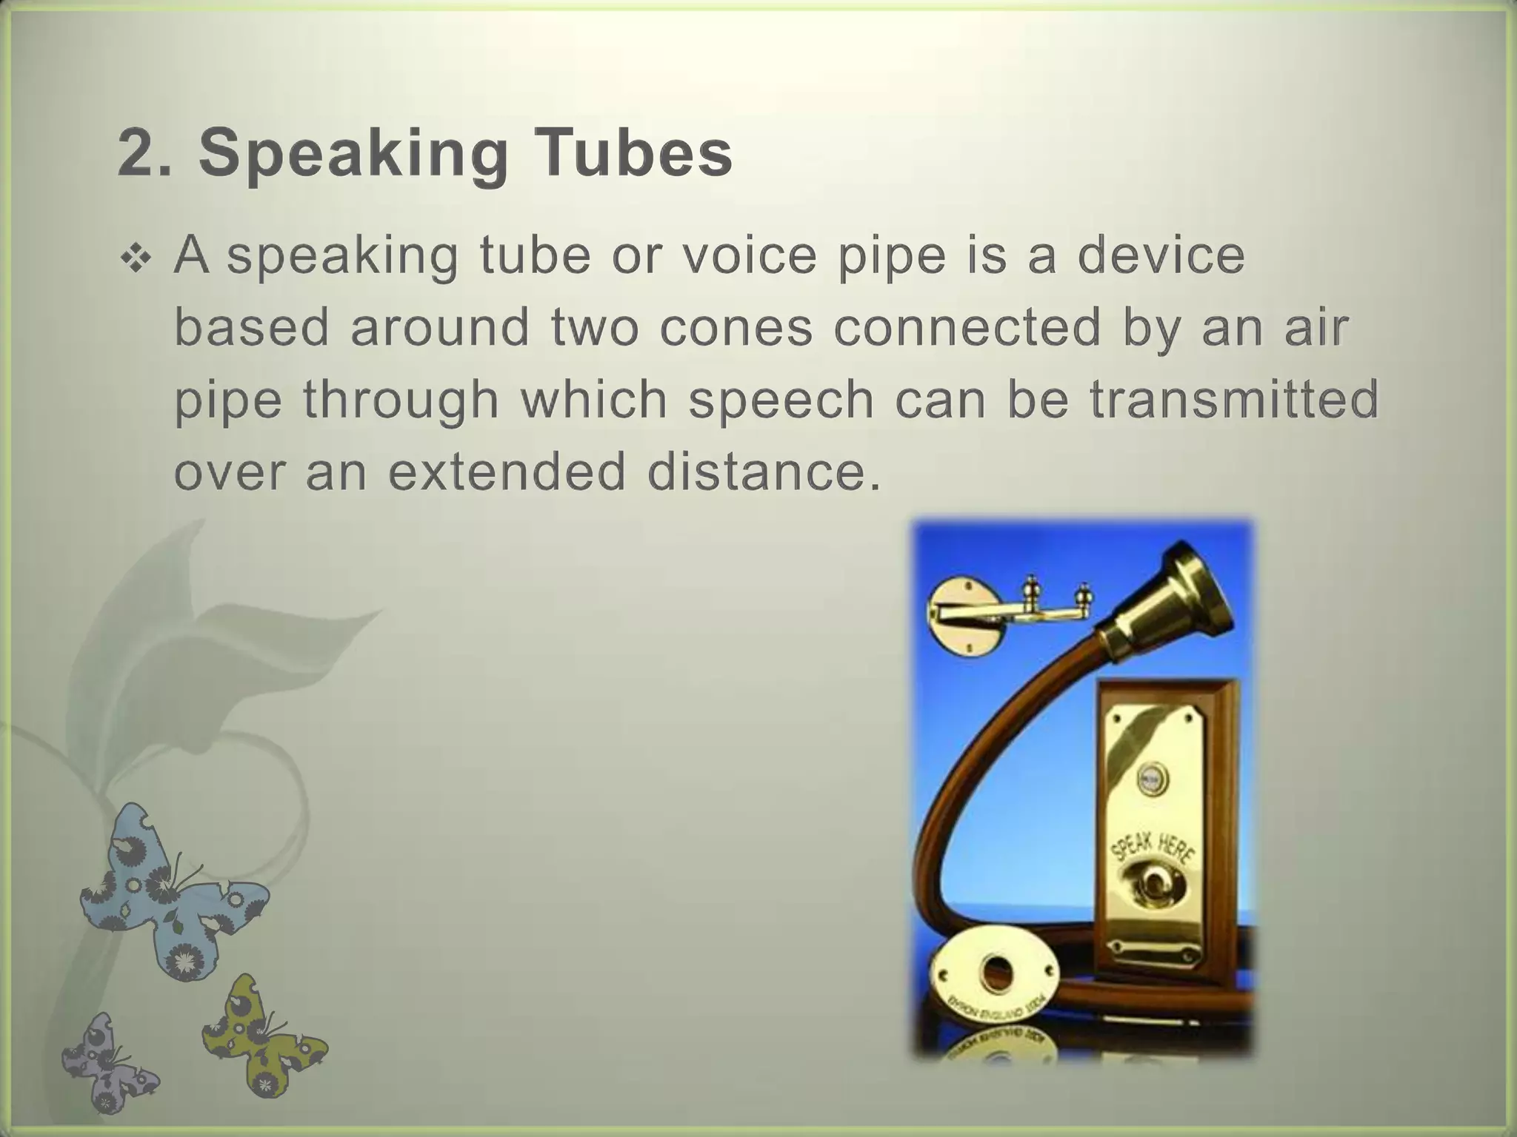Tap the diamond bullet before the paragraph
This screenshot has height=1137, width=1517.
pos(137,258)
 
